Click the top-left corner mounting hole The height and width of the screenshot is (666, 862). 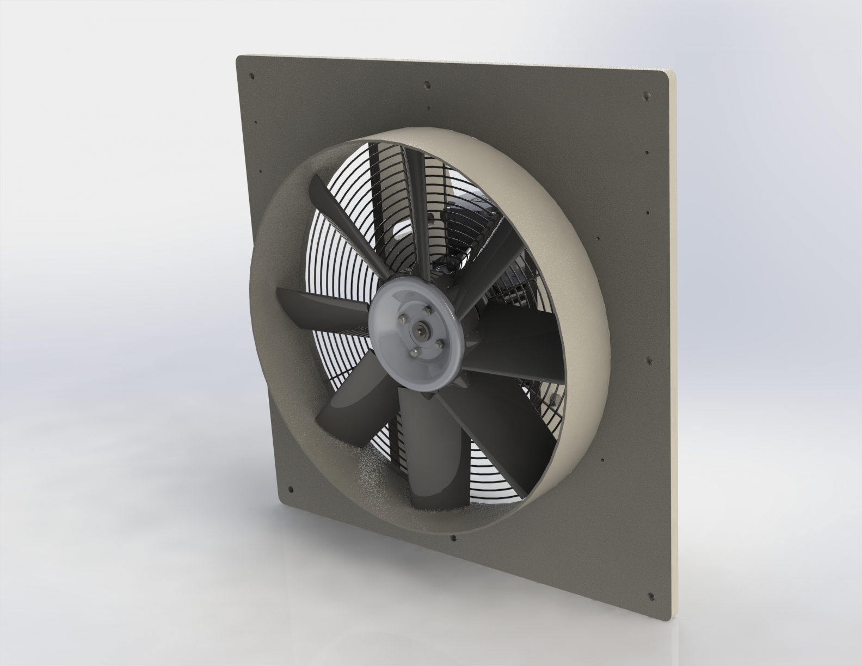pyautogui.click(x=251, y=76)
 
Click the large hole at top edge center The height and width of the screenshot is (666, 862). pyautogui.click(x=427, y=85)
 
